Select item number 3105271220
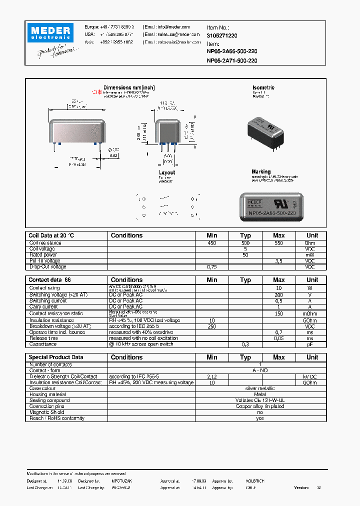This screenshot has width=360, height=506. (222, 36)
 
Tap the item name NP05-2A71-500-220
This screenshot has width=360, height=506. (232, 60)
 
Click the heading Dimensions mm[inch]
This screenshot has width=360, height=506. (129, 87)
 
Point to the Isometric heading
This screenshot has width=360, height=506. (263, 87)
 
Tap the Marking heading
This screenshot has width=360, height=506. (261, 171)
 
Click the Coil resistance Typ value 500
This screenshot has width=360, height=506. (245, 243)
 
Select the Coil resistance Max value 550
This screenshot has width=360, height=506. (278, 243)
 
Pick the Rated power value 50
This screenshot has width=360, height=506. (245, 255)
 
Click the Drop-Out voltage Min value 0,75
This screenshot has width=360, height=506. (211, 267)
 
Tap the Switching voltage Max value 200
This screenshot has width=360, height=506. (278, 295)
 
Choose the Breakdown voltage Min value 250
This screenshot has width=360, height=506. (211, 326)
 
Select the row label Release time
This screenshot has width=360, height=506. (44, 338)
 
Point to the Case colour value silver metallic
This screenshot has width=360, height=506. (260, 388)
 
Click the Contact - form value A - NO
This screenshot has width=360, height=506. (260, 370)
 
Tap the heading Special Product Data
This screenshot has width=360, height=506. (55, 357)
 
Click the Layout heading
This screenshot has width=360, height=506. (167, 172)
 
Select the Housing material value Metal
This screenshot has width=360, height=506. (260, 394)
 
